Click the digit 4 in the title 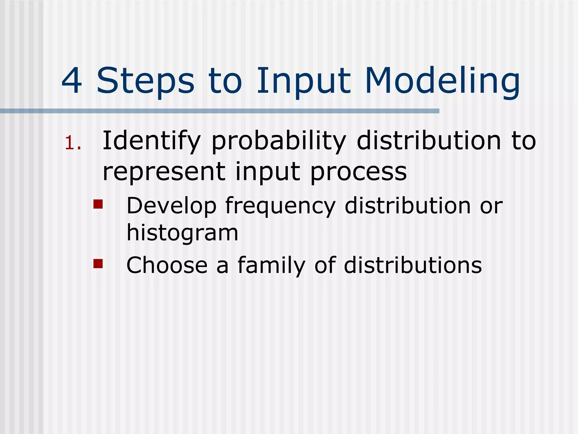tap(72, 81)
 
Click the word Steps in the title tap(145, 81)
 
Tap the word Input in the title tap(304, 81)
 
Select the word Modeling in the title tap(442, 81)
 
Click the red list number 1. tap(73, 143)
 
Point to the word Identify tap(151, 141)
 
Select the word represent tap(164, 172)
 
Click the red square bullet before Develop tap(98, 204)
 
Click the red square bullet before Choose tap(98, 264)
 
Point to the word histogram tap(182, 233)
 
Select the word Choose tap(167, 265)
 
